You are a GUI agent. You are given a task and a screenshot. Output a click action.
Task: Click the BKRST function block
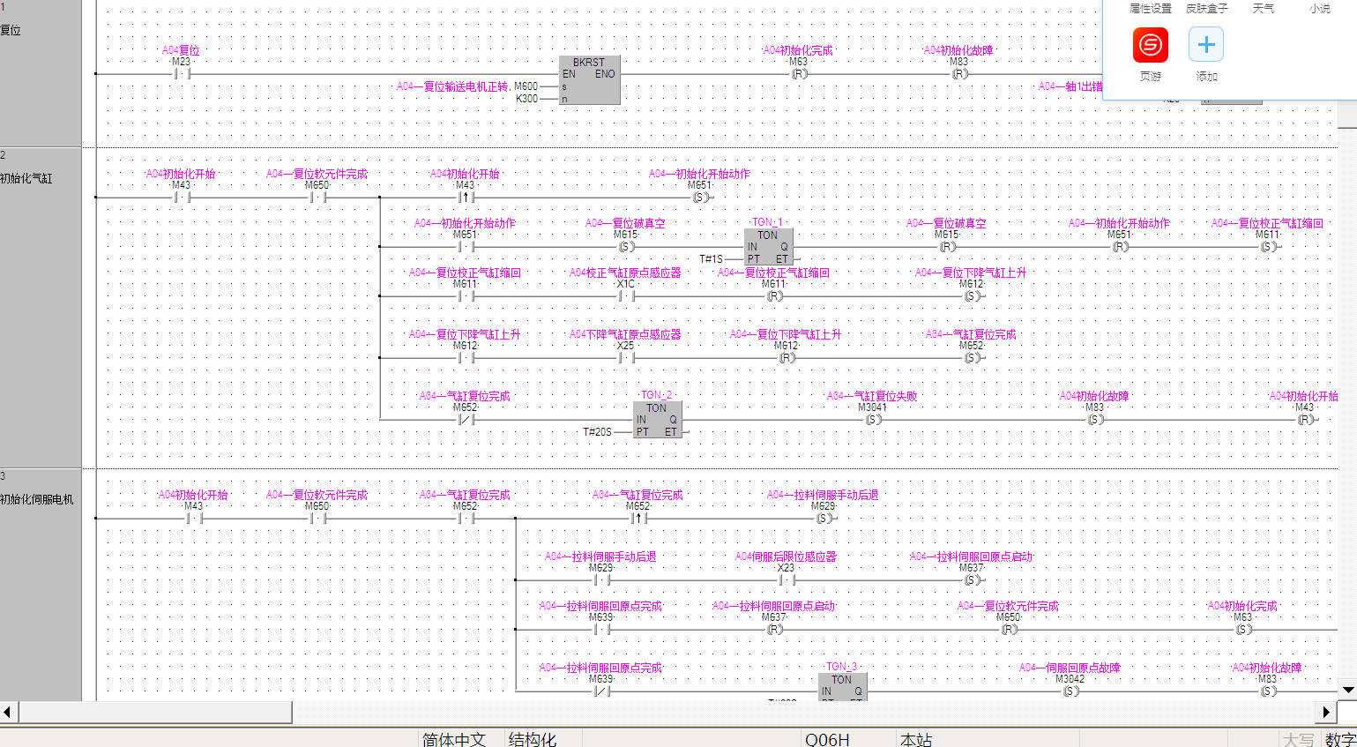(x=589, y=80)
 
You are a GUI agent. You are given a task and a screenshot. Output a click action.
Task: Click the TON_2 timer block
(x=657, y=420)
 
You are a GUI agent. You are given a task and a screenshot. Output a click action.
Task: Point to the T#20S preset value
(x=597, y=432)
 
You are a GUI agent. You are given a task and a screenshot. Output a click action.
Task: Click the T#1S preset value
(x=711, y=259)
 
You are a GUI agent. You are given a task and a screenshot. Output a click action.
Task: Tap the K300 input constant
(x=526, y=99)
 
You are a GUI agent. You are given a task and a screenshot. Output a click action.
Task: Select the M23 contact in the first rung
(x=183, y=74)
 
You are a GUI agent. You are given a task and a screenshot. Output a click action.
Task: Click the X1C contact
(x=626, y=296)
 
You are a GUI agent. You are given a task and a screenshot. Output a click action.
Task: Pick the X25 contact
(x=626, y=358)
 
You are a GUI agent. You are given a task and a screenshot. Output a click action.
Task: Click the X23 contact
(x=787, y=580)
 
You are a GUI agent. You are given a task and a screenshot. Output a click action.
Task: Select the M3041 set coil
(x=873, y=420)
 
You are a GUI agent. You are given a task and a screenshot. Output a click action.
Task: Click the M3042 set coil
(x=1070, y=691)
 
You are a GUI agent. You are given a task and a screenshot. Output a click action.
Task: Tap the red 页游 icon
(x=1151, y=45)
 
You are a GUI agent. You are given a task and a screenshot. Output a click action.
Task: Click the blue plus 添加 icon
(x=1206, y=45)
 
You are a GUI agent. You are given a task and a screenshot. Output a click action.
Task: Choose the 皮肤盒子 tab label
(x=1206, y=9)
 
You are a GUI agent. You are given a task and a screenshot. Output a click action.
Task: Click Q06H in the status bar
(x=827, y=739)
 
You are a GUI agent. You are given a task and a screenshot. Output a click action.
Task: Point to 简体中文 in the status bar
(x=454, y=739)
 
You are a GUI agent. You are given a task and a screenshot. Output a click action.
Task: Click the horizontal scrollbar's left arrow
(x=8, y=712)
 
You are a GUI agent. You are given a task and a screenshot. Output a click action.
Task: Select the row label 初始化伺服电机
(x=37, y=499)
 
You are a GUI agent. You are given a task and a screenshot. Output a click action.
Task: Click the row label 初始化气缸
(x=26, y=178)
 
